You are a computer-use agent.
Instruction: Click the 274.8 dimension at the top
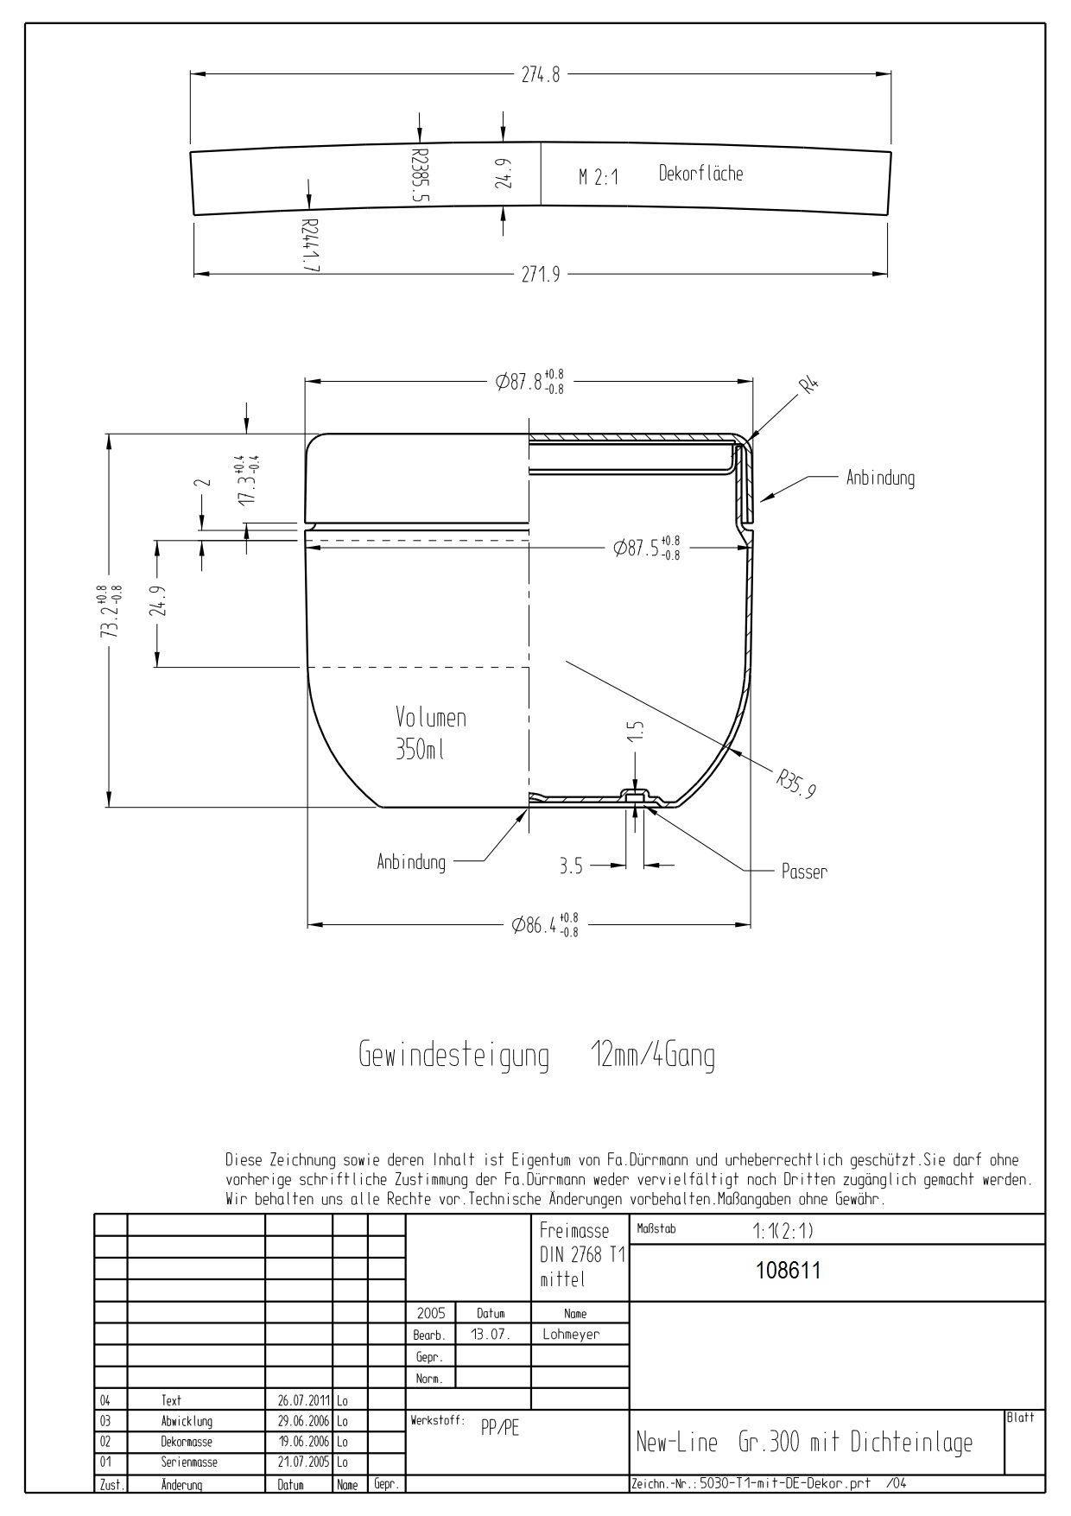[x=540, y=75]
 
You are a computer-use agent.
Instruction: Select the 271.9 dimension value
[x=540, y=275]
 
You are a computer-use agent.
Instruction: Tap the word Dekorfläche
[x=700, y=174]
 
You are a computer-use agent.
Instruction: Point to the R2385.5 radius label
[x=420, y=174]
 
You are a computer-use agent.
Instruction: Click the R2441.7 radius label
[x=310, y=245]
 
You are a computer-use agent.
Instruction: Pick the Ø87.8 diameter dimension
[x=529, y=382]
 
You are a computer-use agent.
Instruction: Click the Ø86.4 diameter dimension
[x=544, y=925]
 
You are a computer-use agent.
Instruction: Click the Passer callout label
[x=804, y=872]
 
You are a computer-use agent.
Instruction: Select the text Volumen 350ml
[x=430, y=733]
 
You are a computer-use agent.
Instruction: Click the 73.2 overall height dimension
[x=111, y=612]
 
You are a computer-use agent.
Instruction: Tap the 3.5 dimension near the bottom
[x=571, y=866]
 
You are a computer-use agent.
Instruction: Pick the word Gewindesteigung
[x=453, y=1056]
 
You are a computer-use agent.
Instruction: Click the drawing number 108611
[x=788, y=1271]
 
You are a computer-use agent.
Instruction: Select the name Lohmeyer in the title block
[x=570, y=1334]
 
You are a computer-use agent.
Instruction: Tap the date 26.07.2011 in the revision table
[x=298, y=1400]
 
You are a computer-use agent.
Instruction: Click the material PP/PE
[x=500, y=1428]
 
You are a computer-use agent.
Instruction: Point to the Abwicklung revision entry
[x=187, y=1421]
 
